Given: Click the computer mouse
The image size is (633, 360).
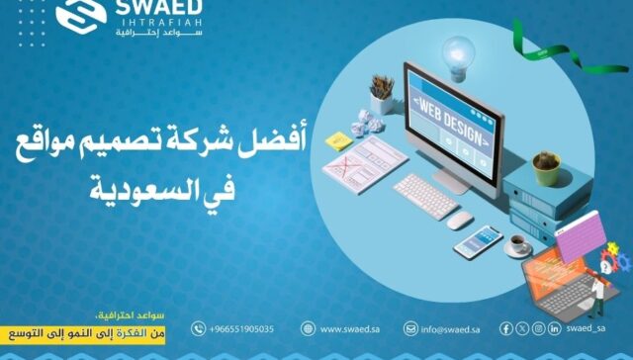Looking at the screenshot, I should coord(460,221).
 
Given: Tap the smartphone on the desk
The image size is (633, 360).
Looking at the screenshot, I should coord(477,242).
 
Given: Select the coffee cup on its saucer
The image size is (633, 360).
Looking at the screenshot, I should coord(518,244).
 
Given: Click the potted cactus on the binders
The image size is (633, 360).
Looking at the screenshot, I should coord(546,165).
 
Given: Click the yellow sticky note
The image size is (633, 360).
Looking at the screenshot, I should coord(337,139).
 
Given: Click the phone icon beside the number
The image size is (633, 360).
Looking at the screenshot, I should coord(198,328).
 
